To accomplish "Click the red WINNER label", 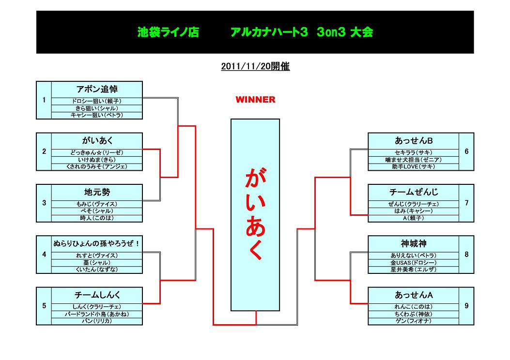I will tap(255, 100).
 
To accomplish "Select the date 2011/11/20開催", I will tap(255, 67).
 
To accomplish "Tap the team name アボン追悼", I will tap(97, 89).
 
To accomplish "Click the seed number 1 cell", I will tap(44, 100).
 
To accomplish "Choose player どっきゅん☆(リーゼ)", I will tap(97, 152).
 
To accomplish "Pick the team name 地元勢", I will tap(97, 192).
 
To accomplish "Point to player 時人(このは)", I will tap(97, 218).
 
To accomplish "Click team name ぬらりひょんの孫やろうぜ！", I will tap(97, 243).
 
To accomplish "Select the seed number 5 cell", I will tap(44, 306).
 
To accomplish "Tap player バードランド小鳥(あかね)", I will tap(97, 314).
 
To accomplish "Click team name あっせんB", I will tap(414, 140).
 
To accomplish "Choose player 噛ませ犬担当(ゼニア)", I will tap(414, 159).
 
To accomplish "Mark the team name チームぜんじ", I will tap(414, 192).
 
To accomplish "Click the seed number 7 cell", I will tap(466, 203).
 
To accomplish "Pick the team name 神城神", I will tap(414, 243).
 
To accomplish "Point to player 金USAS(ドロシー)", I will tap(414, 262).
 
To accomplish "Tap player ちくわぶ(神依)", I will tap(414, 314).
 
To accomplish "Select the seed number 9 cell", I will tap(466, 306).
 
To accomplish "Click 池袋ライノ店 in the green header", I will tap(168, 33).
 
